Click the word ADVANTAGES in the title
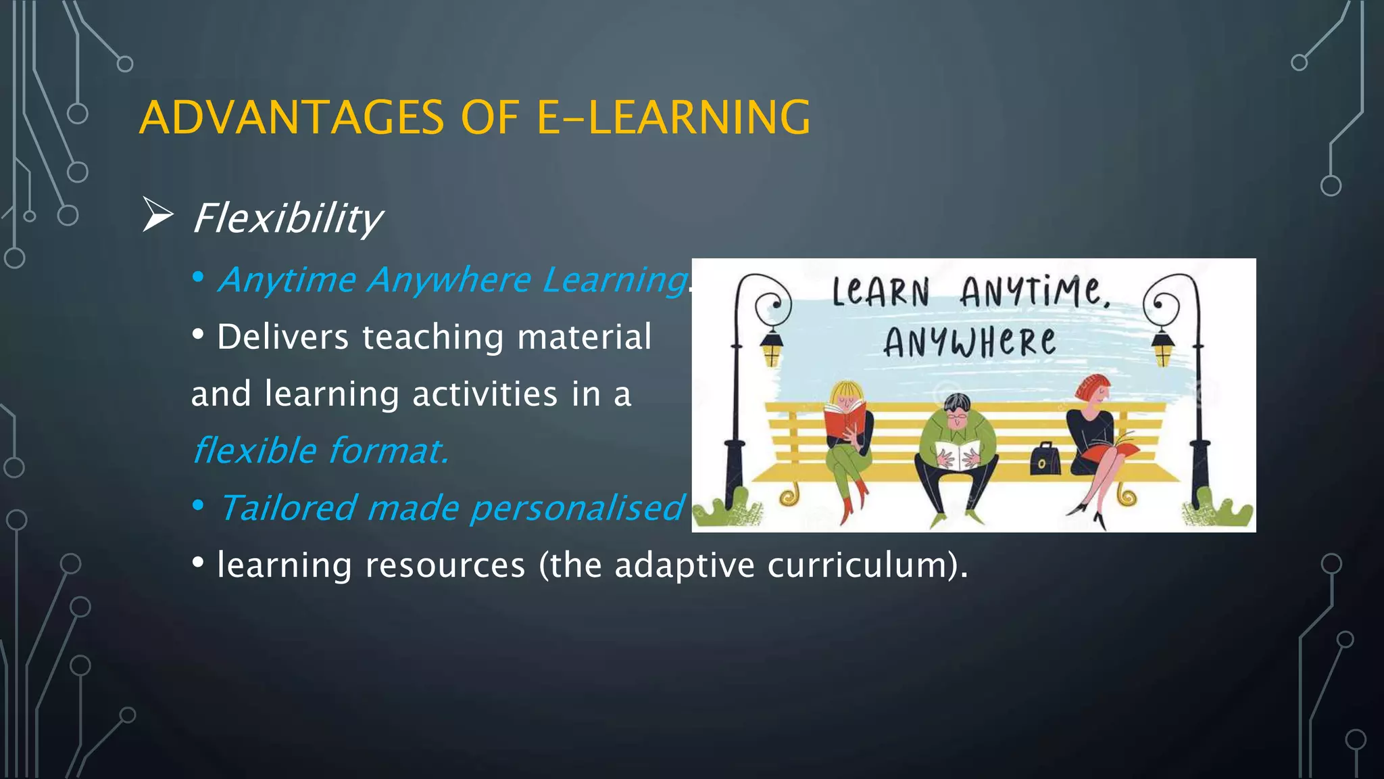(x=291, y=118)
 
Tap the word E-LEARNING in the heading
(x=673, y=118)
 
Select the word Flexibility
(x=288, y=218)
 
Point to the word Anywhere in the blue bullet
(x=449, y=280)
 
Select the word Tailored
(x=287, y=508)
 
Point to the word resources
(x=445, y=565)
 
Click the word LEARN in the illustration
(x=881, y=293)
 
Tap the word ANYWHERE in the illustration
(x=969, y=342)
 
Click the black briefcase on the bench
(x=1045, y=459)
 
